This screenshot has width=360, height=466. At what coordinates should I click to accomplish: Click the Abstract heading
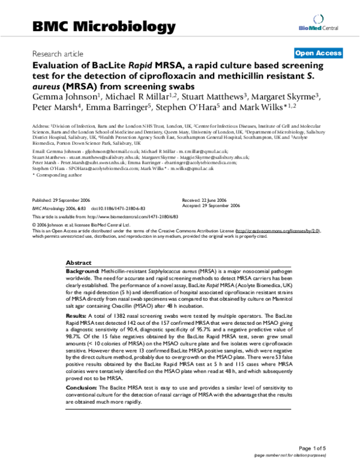point(79,263)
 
